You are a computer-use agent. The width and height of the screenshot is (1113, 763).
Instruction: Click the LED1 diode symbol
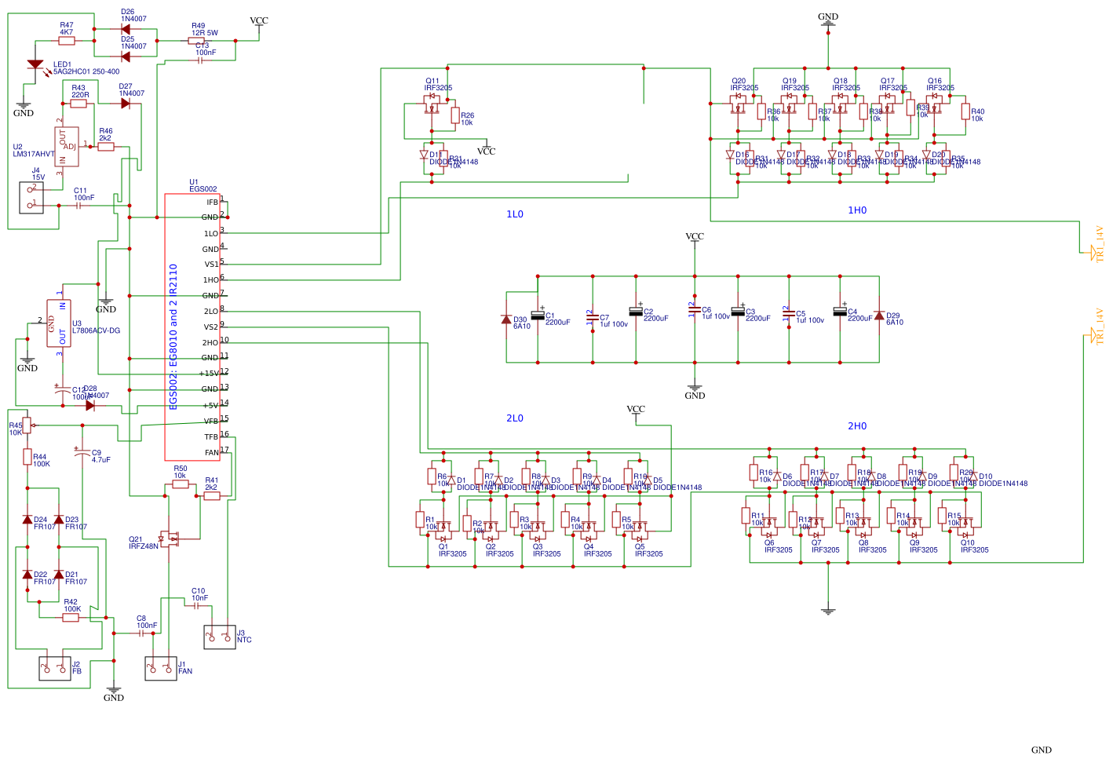(35, 64)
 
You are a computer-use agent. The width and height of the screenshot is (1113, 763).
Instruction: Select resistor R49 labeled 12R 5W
(196, 41)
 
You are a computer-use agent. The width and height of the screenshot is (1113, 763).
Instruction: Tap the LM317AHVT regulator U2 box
(67, 147)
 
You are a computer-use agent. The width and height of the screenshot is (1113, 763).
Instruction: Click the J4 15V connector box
(31, 197)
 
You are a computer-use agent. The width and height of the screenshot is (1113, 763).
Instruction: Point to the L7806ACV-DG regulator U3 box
(59, 323)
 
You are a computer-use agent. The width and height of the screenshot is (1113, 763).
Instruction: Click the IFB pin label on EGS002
(212, 203)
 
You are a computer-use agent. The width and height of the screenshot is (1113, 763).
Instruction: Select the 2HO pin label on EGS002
(210, 343)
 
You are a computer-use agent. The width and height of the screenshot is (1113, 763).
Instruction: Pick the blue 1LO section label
(514, 214)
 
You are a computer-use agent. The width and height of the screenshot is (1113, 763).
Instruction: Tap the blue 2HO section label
(856, 426)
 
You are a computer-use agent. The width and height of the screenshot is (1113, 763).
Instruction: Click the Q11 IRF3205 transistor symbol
(431, 109)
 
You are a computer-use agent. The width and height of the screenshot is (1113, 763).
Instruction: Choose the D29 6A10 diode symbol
(878, 316)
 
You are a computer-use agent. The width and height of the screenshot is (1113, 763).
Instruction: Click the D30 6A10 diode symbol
(506, 319)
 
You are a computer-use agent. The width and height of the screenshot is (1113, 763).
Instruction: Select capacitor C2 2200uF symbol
(636, 312)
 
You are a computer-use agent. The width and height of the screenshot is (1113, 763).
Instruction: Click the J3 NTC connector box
(219, 637)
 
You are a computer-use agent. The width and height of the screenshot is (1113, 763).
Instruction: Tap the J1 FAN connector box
(161, 668)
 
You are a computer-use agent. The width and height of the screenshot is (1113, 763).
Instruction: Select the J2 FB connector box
(55, 668)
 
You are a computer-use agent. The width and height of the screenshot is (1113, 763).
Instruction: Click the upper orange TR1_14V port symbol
(1092, 251)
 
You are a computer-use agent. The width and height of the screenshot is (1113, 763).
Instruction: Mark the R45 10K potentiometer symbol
(27, 425)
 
